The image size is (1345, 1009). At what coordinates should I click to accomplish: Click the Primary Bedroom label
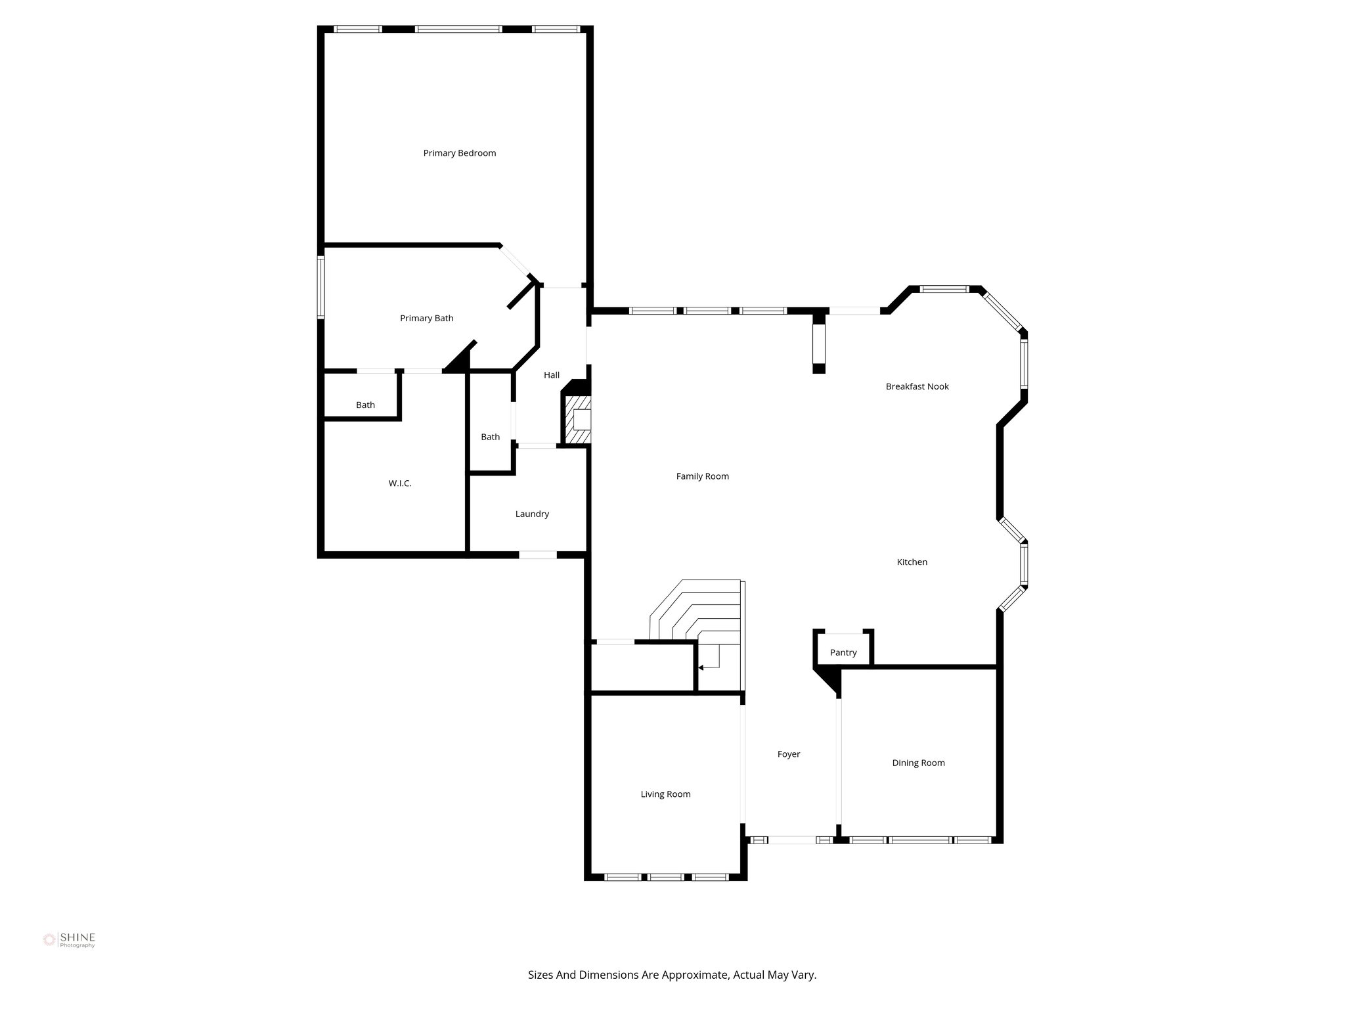(459, 153)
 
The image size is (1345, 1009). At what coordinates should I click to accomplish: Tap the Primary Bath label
(426, 318)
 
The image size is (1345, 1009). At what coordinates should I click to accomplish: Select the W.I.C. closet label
(400, 483)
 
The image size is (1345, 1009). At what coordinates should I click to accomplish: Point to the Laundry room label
(532, 514)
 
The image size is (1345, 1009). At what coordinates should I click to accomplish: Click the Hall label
(552, 375)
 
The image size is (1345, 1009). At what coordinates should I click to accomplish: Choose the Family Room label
(702, 476)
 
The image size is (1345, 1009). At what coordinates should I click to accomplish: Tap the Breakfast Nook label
(917, 386)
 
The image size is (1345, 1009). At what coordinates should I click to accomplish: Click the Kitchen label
(912, 562)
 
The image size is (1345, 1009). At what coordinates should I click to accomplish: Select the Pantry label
(843, 652)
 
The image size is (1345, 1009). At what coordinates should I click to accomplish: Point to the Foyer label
(789, 754)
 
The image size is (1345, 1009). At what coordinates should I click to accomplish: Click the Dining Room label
(918, 763)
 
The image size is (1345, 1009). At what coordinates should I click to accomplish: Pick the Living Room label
(665, 794)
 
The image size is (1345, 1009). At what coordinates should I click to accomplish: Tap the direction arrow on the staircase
(702, 667)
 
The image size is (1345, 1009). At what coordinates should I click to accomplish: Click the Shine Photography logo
(69, 940)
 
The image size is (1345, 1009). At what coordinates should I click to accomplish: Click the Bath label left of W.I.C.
(365, 405)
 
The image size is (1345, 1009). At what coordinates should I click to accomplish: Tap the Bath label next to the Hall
(490, 437)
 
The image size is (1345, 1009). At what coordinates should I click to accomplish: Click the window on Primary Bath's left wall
(321, 287)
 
